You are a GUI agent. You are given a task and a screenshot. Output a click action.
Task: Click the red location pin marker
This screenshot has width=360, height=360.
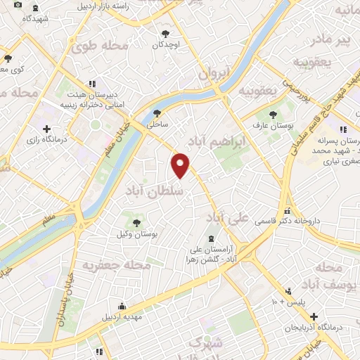tap(181, 165)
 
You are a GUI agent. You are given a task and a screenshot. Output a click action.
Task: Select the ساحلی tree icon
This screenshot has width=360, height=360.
tap(157, 112)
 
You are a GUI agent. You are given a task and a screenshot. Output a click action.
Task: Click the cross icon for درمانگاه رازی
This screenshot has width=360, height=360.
tap(47, 129)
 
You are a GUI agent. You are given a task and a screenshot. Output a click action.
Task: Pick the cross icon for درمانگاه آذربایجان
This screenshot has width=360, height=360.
tap(314, 316)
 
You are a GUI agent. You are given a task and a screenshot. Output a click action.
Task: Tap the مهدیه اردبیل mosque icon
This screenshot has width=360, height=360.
tap(122, 306)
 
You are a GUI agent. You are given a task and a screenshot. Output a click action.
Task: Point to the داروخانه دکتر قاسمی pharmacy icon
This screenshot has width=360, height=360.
tap(287, 211)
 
